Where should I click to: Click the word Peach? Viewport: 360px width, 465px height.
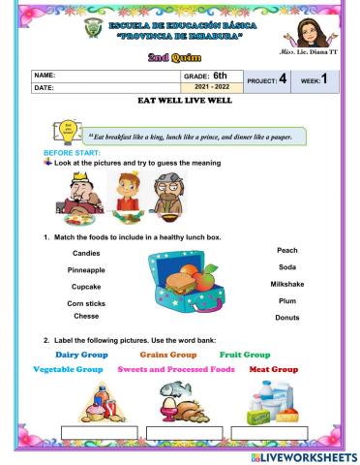tap(286, 250)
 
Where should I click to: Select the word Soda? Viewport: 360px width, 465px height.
tap(286, 267)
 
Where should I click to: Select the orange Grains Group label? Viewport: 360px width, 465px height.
tap(171, 355)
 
